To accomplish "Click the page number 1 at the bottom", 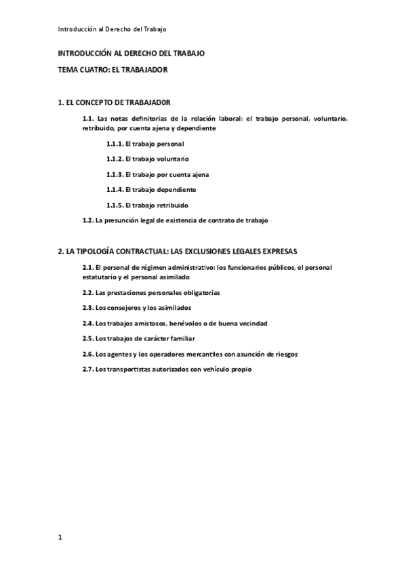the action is pos(60,538).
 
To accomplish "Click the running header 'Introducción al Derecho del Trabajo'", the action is pos(112,29).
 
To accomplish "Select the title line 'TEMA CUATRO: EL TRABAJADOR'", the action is pos(113,69).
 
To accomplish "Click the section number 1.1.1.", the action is pos(115,144).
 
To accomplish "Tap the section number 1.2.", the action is pos(87,220).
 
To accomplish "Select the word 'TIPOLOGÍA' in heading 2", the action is pos(94,251).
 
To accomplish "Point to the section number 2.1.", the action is pos(87,268).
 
